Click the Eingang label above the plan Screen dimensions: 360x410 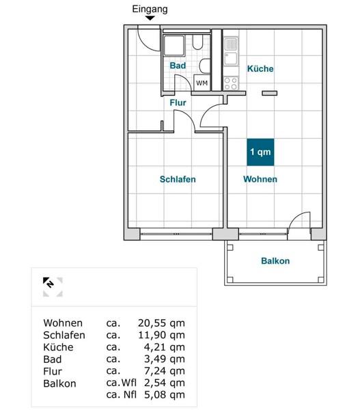150,9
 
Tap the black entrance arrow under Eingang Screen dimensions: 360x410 150,18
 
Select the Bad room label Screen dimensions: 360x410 178,66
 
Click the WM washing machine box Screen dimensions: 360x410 202,83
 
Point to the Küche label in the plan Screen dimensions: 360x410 260,69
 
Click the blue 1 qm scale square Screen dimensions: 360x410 260,152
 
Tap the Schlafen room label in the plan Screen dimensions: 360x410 178,179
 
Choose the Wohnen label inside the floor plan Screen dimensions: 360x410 260,179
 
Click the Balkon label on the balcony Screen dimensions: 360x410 275,261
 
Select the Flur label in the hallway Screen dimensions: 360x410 178,102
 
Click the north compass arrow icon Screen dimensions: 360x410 48,282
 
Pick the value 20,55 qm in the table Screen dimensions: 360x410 161,323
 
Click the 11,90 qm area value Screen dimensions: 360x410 161,336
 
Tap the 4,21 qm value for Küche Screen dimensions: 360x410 165,347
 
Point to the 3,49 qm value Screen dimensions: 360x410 165,359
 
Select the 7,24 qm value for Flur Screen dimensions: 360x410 165,371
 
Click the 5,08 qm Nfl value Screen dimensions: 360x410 165,395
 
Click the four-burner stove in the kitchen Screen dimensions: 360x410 231,83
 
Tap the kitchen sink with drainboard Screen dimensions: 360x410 231,51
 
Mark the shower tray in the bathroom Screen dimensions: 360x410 174,46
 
